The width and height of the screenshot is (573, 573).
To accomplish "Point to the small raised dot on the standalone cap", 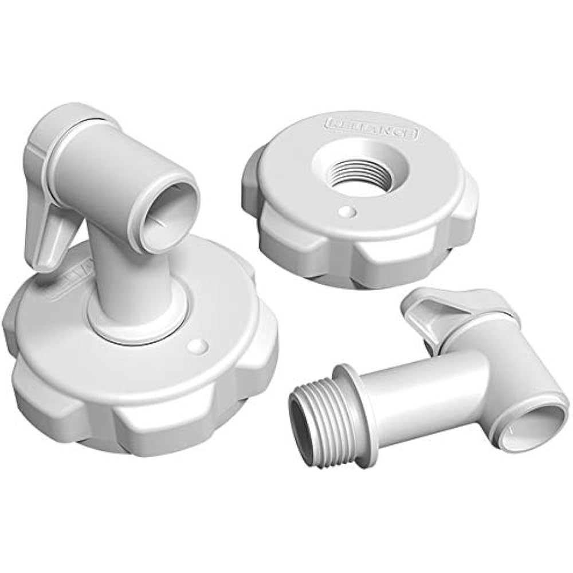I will coord(346,211).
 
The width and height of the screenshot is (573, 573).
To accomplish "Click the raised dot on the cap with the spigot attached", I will coord(197,346).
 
